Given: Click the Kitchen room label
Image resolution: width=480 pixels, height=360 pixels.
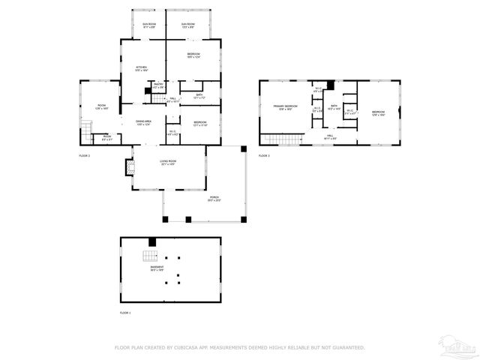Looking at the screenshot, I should pos(139,67).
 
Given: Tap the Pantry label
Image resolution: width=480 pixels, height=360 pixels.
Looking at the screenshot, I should pos(158,85).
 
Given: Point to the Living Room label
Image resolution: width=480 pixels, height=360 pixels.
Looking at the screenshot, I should pos(167,162).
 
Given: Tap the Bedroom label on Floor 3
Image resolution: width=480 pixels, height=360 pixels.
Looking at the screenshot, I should pos(377,113).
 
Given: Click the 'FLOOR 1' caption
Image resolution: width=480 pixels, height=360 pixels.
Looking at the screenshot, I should pos(125,312).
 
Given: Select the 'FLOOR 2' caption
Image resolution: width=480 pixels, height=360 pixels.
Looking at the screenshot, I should pos(85,155).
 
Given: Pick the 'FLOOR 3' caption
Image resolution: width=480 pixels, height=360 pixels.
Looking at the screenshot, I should pos(264,155).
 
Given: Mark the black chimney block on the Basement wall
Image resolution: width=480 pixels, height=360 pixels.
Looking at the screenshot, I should pos(153,241).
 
